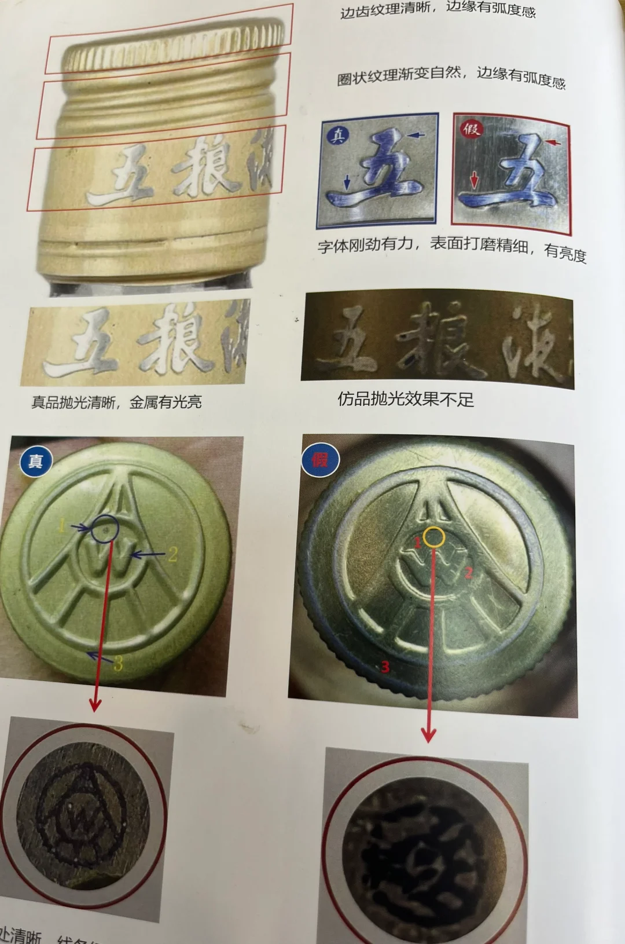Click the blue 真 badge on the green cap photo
coord(35,462)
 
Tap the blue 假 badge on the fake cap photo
coord(319,460)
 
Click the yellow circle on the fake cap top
coord(434,537)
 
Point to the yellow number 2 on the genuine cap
coord(172,555)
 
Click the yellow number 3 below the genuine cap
coord(118,664)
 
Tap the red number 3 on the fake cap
coord(385,667)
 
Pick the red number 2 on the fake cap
coord(468,573)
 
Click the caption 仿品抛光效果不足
coord(406,400)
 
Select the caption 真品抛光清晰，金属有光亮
coord(116,402)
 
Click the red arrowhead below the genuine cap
coord(95,705)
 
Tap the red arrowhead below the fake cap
coord(428,736)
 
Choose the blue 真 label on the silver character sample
coord(338,135)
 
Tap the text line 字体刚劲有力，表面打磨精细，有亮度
coord(451,248)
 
